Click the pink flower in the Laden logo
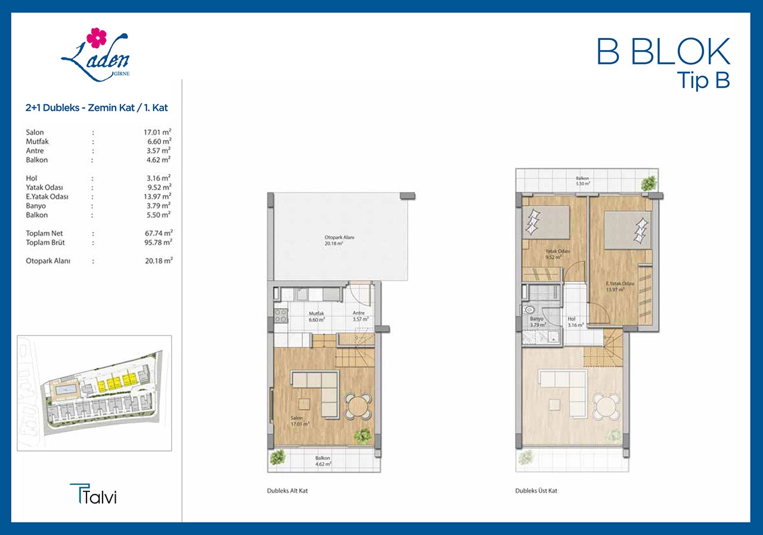coord(97,38)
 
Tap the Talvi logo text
coord(94,494)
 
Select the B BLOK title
coord(663,52)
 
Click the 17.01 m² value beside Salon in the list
coord(157,132)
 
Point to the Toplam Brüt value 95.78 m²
coord(159,242)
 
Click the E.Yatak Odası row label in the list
coord(47,197)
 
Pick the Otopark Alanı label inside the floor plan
coord(339,237)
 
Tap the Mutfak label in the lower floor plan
coord(317,313)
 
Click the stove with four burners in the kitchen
coord(281,316)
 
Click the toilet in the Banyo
coord(528,310)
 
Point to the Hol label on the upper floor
coord(571,319)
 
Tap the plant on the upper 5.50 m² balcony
coord(649,183)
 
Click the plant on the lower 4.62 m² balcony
coord(277,457)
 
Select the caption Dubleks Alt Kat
coord(287,491)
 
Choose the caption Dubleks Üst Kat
coord(536,491)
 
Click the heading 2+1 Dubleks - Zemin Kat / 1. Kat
coord(97,108)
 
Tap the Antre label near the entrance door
coord(359,313)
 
